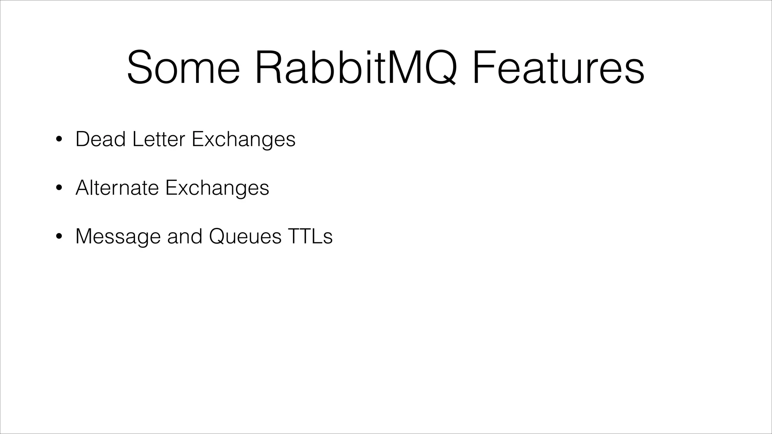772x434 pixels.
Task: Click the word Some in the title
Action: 183,68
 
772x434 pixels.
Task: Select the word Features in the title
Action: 558,68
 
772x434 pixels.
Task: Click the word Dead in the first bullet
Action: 101,139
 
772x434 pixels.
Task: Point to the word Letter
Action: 159,139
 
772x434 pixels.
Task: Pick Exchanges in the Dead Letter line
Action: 244,140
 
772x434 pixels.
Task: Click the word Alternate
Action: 117,188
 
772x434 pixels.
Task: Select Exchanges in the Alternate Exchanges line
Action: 217,188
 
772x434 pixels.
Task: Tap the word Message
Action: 118,237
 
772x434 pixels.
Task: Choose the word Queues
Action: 245,237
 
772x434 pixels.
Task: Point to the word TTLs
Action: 310,236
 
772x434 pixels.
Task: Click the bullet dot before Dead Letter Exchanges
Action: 58,139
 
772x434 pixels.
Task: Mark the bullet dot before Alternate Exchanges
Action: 58,188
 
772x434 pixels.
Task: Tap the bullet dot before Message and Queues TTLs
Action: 58,237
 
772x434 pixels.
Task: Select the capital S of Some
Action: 141,68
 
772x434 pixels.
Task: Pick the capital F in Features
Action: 484,68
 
